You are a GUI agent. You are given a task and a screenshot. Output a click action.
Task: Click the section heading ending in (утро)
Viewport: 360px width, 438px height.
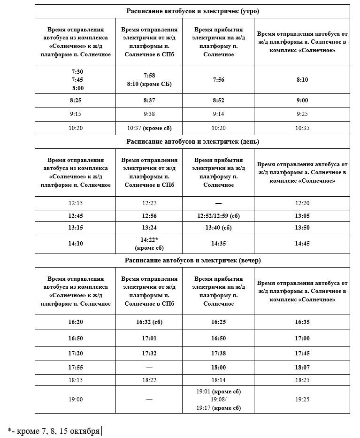pyautogui.click(x=192, y=11)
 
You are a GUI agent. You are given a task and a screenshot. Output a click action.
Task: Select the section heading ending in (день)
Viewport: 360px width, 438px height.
pyautogui.click(x=192, y=141)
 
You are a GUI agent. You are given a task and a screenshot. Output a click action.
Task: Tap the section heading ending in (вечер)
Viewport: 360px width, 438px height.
pyautogui.click(x=192, y=260)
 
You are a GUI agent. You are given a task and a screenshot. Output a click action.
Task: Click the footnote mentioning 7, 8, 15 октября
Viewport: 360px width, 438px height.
pyautogui.click(x=54, y=430)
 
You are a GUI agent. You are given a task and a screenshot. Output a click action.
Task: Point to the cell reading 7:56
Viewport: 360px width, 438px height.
pyautogui.click(x=218, y=80)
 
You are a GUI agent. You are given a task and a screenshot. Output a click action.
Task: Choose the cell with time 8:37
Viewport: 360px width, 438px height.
pyautogui.click(x=149, y=100)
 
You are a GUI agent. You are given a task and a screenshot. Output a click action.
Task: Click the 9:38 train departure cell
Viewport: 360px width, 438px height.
pyautogui.click(x=149, y=114)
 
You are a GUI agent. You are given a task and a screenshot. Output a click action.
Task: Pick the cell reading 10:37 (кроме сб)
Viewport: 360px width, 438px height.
pyautogui.click(x=149, y=128)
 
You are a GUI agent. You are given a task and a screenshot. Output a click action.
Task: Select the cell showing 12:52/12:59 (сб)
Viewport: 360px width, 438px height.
pyautogui.click(x=218, y=216)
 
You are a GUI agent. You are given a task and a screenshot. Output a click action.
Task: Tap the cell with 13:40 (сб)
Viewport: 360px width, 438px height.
pyautogui.click(x=218, y=228)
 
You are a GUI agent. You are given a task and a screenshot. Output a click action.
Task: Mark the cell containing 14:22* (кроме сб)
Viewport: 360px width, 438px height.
pyautogui.click(x=149, y=244)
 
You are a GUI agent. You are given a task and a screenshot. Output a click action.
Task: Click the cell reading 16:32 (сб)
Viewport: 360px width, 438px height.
pyautogui.click(x=149, y=323)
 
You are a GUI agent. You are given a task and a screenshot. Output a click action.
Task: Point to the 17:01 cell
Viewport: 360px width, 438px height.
pyautogui.click(x=149, y=338)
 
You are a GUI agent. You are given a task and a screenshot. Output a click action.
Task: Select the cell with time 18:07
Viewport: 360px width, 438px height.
pyautogui.click(x=302, y=368)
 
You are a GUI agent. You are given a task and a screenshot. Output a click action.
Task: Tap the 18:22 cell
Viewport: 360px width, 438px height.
pyautogui.click(x=149, y=379)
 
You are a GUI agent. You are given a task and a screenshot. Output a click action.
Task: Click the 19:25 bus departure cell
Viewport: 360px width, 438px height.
pyautogui.click(x=302, y=400)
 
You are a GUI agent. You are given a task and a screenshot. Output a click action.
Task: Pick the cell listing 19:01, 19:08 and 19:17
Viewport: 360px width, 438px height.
pyautogui.click(x=218, y=400)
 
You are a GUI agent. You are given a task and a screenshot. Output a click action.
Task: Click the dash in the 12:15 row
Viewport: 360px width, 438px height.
pyautogui.click(x=218, y=203)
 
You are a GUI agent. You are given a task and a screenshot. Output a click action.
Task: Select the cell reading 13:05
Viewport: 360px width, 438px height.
pyautogui.click(x=302, y=216)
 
